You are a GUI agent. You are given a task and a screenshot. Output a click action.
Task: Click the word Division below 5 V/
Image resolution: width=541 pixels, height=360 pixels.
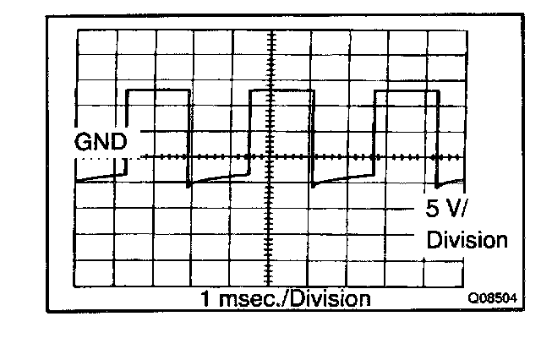tap(467, 240)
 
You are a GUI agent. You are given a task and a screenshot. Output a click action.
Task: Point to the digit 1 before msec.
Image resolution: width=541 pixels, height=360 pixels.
tap(205, 299)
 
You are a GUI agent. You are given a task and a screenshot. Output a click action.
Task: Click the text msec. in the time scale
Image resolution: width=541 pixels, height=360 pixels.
tap(247, 299)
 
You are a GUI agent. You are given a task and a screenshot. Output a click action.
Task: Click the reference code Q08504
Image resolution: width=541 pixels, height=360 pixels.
tap(495, 298)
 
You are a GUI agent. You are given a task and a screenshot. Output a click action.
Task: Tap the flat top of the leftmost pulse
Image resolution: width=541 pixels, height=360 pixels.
tap(156, 89)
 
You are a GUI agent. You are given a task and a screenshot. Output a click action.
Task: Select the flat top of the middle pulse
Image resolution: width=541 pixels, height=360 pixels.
tap(281, 89)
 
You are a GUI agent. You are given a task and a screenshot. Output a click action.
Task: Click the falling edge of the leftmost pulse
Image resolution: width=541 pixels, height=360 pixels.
tap(187, 135)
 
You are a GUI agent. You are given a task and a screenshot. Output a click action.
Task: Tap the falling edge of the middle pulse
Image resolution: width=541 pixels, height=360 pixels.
tap(311, 135)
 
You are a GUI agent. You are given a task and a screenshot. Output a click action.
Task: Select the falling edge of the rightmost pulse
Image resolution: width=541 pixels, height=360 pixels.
tap(434, 135)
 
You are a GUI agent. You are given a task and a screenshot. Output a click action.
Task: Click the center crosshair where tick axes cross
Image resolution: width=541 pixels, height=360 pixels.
tap(271, 157)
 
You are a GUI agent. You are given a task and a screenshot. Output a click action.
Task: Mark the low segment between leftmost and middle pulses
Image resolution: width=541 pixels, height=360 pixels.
tap(219, 179)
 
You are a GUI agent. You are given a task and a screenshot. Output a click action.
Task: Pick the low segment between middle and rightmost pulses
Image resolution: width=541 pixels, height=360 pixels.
tap(342, 179)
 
